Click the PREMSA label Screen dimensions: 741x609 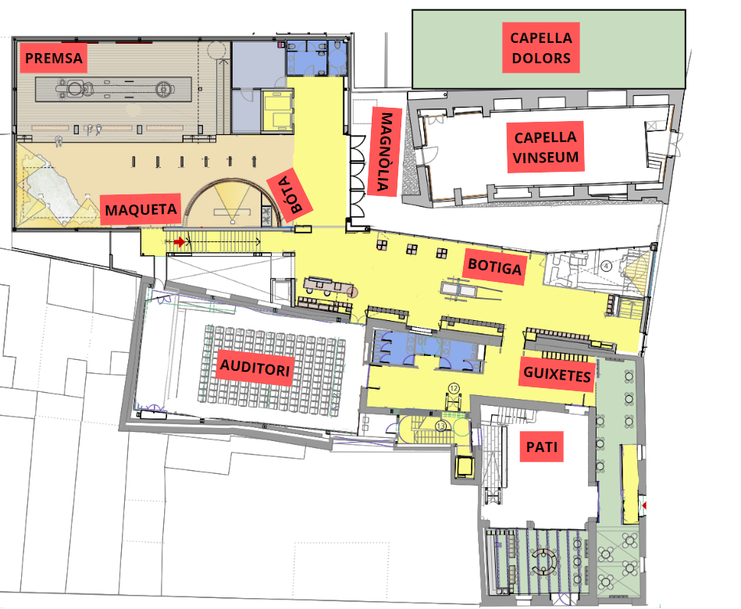click(53, 58)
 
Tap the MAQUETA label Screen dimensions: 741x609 click(141, 209)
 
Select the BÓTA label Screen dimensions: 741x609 click(290, 194)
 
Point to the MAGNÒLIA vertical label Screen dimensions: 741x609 click(385, 151)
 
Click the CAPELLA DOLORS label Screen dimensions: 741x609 click(540, 48)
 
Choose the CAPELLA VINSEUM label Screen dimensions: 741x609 click(545, 147)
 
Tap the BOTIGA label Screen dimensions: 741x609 click(495, 267)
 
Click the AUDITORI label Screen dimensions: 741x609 click(255, 367)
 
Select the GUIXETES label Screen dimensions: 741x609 click(557, 374)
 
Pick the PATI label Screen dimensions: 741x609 click(542, 447)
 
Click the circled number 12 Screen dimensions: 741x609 click(454, 388)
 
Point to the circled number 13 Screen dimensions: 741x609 click(441, 426)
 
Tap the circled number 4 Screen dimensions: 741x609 click(606, 266)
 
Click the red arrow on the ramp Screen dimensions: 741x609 click(179, 242)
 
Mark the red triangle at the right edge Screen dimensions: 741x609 click(643, 506)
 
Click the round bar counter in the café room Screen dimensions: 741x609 click(544, 561)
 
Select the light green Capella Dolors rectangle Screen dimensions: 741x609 click(549, 49)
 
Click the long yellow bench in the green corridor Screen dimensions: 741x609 click(630, 484)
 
